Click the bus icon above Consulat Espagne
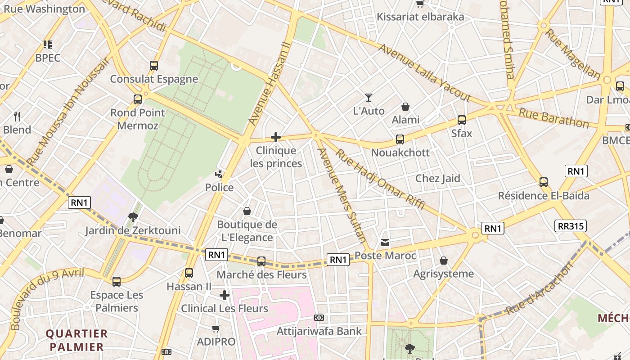154,66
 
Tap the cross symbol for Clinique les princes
276,137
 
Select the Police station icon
219,174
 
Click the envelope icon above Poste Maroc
385,243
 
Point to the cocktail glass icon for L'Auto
369,97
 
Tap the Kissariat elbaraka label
420,17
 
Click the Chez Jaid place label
437,178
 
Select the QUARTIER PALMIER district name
77,340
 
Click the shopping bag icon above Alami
405,107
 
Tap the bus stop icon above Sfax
462,120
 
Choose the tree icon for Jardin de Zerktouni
133,217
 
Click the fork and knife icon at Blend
17,117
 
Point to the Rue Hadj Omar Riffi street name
380,179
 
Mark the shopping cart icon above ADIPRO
216,328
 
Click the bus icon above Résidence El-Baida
544,182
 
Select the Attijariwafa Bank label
319,332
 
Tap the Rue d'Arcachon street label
540,288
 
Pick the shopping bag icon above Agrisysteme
443,261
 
